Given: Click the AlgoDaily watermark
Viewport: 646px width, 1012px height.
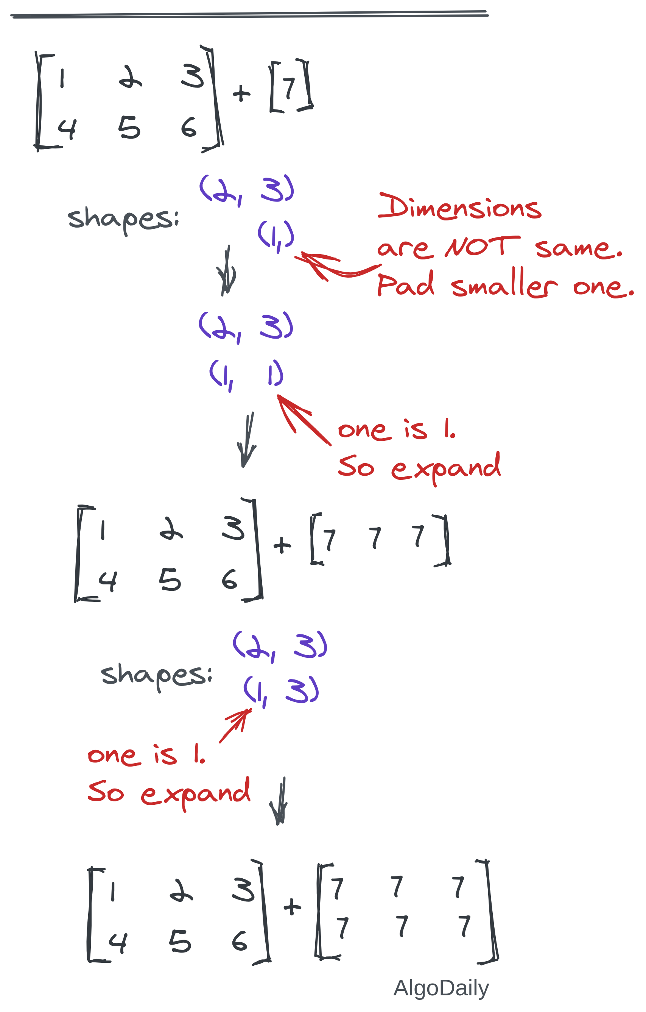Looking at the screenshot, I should point(441,988).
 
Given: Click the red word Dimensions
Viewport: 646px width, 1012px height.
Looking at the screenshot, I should point(459,206).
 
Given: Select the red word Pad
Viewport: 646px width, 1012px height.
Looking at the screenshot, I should point(405,284).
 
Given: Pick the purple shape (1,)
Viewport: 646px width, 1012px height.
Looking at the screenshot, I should point(276,235).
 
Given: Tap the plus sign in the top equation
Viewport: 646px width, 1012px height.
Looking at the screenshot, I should point(241,93).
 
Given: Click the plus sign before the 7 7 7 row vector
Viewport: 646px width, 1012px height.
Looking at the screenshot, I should point(282,545).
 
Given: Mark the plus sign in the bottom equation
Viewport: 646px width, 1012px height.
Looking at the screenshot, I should point(292,907).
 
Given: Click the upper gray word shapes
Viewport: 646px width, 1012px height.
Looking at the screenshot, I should point(123,219).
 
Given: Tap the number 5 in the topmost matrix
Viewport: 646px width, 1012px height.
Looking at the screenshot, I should point(129,128).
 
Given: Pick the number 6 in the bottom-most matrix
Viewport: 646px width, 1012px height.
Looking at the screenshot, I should point(240,940).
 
